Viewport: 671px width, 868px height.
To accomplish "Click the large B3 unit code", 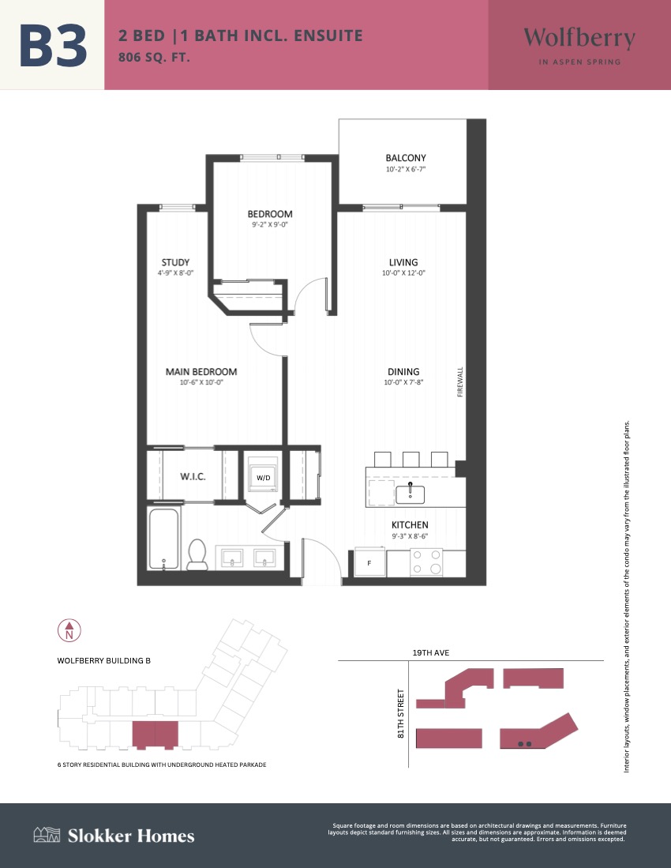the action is [x=53, y=45].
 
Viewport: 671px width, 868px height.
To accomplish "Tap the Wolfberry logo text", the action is [x=579, y=38].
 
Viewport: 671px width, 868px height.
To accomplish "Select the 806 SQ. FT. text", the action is [x=154, y=57].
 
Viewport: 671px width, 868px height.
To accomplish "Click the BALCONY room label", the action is [x=406, y=158].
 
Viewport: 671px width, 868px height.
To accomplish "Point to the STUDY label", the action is [x=175, y=262].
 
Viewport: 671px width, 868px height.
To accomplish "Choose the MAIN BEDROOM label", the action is [x=201, y=371].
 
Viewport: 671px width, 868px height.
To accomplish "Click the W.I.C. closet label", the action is [x=193, y=476].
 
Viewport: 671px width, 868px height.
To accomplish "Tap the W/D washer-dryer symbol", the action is [x=264, y=474].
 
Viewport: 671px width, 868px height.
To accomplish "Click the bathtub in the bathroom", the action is [x=163, y=539].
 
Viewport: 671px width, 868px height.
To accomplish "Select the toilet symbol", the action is [x=197, y=554].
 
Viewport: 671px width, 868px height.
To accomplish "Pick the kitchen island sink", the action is [x=410, y=493].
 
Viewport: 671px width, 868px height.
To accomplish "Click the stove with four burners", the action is [x=426, y=562].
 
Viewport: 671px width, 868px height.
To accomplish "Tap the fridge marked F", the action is [x=369, y=562].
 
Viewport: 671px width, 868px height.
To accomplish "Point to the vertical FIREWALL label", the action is [x=460, y=382].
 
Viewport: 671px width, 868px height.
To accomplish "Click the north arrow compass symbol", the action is [x=69, y=630].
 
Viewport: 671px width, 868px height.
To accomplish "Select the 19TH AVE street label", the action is [x=431, y=652].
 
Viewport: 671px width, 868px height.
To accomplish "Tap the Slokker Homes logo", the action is [x=114, y=836].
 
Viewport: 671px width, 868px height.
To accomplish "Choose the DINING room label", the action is [x=403, y=371].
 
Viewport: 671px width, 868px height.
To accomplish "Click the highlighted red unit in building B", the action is [x=155, y=735].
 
